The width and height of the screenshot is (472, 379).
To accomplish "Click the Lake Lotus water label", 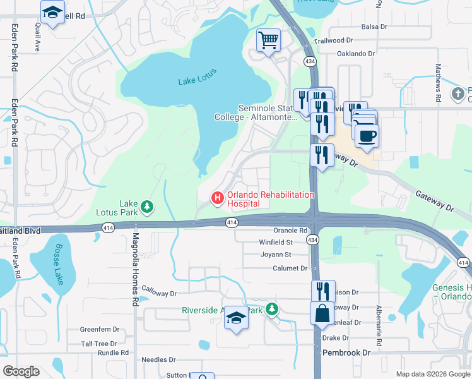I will point(197,76).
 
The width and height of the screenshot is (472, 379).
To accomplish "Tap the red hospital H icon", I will point(218,198).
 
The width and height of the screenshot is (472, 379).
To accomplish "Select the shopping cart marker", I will point(268,41).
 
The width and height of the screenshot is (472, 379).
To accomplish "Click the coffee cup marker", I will point(367,136).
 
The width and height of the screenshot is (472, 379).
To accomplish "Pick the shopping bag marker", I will point(322,313).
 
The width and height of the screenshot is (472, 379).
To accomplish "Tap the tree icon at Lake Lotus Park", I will point(146,206).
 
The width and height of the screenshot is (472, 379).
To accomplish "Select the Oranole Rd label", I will point(290,231).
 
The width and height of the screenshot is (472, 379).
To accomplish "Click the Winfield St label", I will point(276,242).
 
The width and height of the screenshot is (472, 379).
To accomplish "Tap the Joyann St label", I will point(276,255).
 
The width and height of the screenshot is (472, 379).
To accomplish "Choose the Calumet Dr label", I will point(290,268).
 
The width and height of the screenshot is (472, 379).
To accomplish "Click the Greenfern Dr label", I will point(100,329).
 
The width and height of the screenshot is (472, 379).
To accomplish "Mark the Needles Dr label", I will point(158,359).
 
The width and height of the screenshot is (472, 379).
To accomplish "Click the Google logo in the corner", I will point(21,371).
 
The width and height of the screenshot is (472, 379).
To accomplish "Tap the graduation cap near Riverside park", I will point(237,316).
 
